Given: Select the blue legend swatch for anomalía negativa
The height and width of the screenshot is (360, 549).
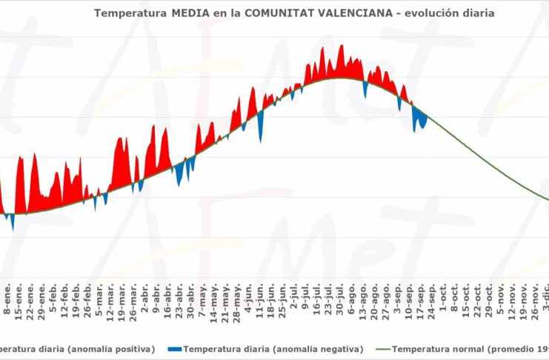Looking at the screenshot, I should tap(175, 348).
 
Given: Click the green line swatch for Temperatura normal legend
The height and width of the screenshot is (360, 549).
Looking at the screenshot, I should tap(379, 348).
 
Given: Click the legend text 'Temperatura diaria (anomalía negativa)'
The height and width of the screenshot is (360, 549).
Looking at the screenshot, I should tap(273, 348).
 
